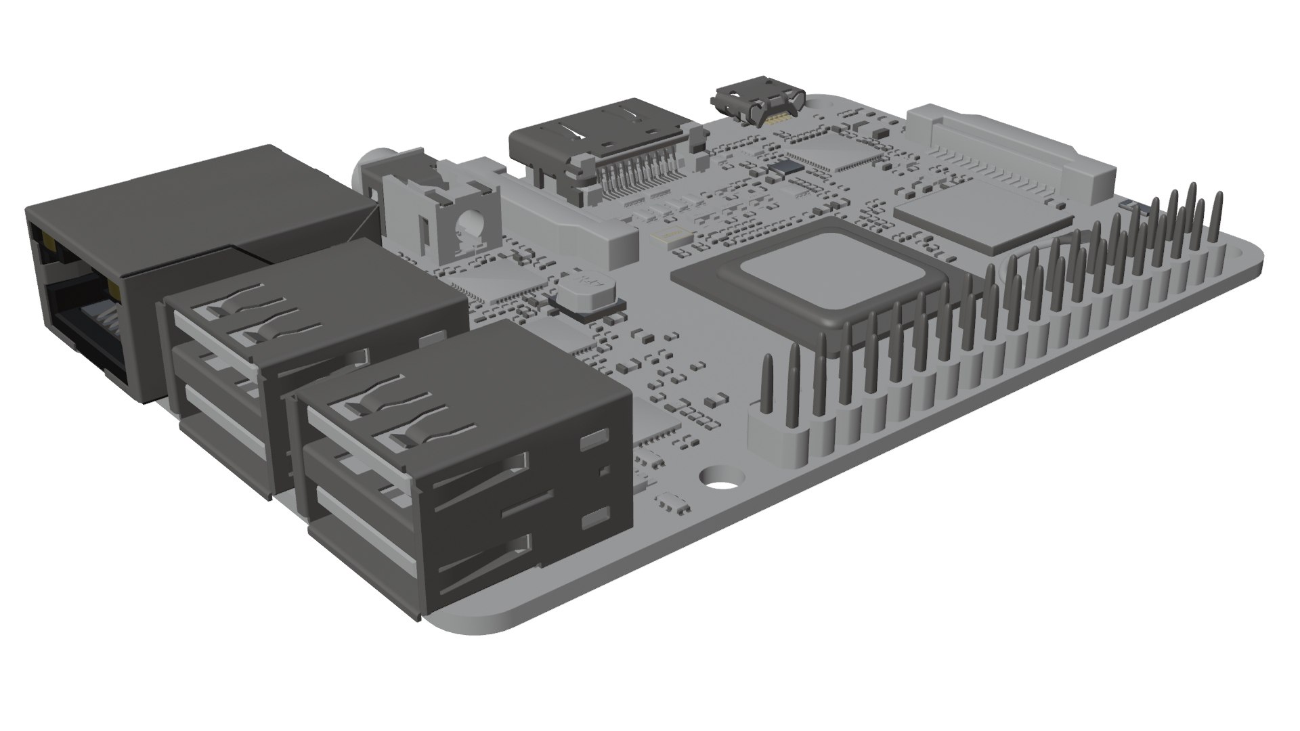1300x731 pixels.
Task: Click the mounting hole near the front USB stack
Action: point(722,477)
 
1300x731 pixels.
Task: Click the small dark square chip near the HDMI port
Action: point(787,167)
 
